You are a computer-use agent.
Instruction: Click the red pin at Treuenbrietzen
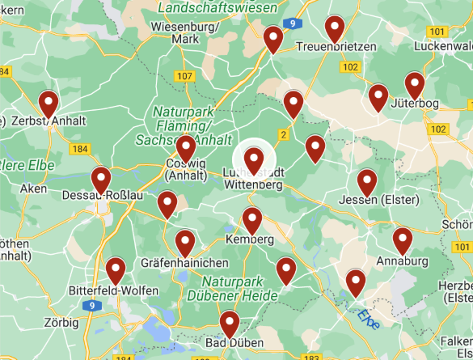[x=335, y=28]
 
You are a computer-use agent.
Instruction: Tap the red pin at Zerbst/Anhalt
[x=49, y=104]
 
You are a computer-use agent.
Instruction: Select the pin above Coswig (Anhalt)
[x=187, y=149]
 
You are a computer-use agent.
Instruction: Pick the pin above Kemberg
[x=252, y=219]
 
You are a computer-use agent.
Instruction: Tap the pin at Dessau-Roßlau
[x=101, y=180]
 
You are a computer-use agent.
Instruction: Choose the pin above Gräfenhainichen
[x=185, y=242]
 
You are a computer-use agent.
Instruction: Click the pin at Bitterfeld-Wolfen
[x=116, y=270]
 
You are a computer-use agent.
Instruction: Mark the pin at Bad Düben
[x=230, y=324]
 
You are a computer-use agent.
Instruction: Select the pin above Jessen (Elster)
[x=367, y=182]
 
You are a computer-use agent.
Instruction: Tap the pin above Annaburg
[x=402, y=240]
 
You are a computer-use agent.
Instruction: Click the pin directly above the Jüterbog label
[x=415, y=84]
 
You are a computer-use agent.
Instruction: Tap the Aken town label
[x=34, y=188]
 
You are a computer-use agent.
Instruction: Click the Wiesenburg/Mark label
[x=185, y=32]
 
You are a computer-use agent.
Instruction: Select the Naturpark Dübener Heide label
[x=240, y=289]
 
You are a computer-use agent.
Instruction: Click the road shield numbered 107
[x=185, y=76]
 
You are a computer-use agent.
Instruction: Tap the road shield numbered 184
[x=78, y=149]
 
